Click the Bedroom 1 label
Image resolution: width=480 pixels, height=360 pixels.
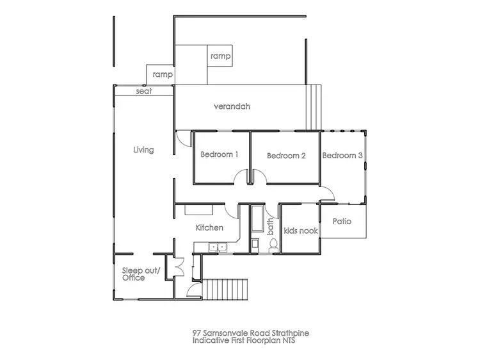tap(220, 154)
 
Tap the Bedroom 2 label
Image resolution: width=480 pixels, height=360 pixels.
tap(286, 156)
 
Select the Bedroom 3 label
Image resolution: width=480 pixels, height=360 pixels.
tap(342, 156)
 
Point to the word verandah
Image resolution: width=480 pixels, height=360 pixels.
tap(232, 106)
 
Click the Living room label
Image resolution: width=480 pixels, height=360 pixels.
tap(143, 150)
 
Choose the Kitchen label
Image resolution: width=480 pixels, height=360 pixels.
tap(209, 227)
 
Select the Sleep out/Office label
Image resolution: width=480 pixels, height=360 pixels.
tap(133, 274)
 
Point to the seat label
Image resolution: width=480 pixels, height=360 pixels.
tap(143, 92)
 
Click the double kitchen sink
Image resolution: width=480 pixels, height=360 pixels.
tap(220, 246)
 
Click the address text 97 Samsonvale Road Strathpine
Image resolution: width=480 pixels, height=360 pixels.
tap(240, 333)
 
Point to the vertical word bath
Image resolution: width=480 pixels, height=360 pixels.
tap(270, 226)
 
